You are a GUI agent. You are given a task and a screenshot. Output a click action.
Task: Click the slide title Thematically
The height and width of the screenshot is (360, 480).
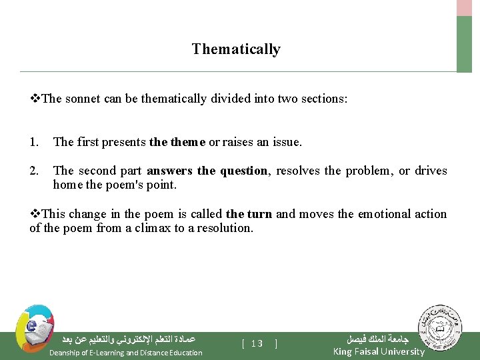[236, 49]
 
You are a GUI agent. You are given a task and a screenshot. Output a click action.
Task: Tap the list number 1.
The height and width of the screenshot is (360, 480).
[34, 142]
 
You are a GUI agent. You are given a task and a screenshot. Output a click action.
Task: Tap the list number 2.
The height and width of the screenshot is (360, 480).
[34, 171]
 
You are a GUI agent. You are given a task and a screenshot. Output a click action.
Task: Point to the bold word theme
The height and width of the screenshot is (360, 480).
[189, 142]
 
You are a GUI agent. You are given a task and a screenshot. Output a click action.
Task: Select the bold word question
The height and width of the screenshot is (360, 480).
[243, 171]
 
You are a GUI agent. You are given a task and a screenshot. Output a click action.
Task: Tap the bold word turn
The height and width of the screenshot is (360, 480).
[259, 215]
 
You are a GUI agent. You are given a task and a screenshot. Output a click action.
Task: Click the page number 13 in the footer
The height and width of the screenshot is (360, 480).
[257, 344]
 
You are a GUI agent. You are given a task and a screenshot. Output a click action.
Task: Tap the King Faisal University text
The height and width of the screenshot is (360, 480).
[378, 352]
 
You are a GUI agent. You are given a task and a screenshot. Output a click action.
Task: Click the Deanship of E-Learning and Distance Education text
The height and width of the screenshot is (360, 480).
[126, 353]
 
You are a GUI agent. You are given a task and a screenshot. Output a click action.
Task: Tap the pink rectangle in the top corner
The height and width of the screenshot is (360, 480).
[464, 7]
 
